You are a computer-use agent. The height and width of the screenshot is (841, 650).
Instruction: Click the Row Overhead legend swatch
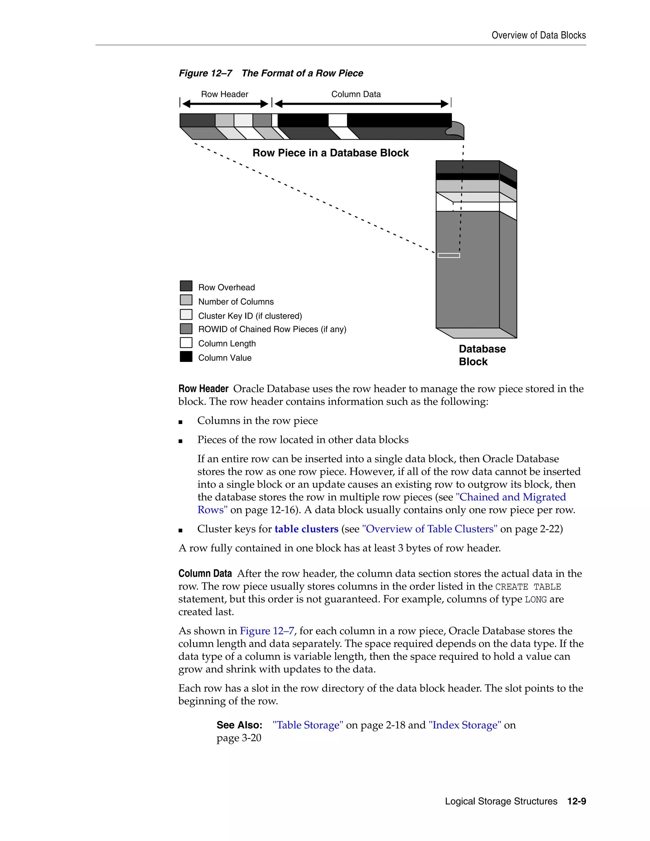tap(186, 286)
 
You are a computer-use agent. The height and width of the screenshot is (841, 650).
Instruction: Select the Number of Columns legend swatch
tap(186, 300)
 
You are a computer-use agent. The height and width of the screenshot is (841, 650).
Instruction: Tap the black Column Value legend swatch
tap(186, 357)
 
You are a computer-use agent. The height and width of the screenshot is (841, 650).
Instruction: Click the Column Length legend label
tap(227, 343)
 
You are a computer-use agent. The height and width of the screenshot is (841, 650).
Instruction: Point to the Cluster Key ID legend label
tap(250, 316)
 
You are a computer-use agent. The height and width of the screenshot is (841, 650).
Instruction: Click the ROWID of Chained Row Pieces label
tap(272, 329)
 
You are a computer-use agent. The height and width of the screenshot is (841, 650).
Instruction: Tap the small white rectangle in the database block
tap(448, 255)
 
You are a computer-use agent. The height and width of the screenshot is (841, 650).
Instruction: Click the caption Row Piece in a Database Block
tap(330, 153)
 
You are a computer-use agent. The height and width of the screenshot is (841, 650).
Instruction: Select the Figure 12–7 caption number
tap(205, 73)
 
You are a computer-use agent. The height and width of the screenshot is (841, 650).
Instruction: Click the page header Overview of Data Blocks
tap(538, 36)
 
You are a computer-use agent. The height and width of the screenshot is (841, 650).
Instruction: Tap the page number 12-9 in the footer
tap(576, 801)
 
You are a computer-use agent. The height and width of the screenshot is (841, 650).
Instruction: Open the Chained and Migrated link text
tap(511, 497)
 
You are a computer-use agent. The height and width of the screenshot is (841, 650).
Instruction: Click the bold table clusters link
tap(306, 529)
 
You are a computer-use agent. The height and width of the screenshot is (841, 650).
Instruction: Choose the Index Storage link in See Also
tap(465, 725)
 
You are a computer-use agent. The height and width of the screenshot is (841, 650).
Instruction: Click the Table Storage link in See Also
tap(308, 725)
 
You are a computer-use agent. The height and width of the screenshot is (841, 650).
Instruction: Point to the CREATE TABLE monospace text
tap(527, 587)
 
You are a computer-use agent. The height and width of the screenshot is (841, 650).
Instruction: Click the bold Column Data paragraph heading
tap(205, 574)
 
